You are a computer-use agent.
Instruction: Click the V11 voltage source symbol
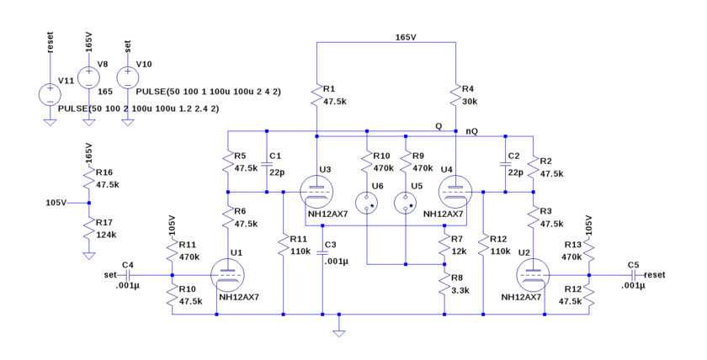[x=50, y=92]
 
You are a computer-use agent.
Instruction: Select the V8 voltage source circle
[x=88, y=77]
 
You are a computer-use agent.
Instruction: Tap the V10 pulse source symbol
[x=127, y=77]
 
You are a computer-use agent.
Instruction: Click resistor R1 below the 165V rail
[x=316, y=94]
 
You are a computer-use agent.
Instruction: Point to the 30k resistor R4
[x=454, y=94]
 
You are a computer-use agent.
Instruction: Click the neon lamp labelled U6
[x=367, y=203]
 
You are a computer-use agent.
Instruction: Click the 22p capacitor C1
[x=267, y=165]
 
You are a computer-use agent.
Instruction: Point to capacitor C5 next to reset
[x=633, y=274]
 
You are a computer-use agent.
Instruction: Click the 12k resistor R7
[x=444, y=246]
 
